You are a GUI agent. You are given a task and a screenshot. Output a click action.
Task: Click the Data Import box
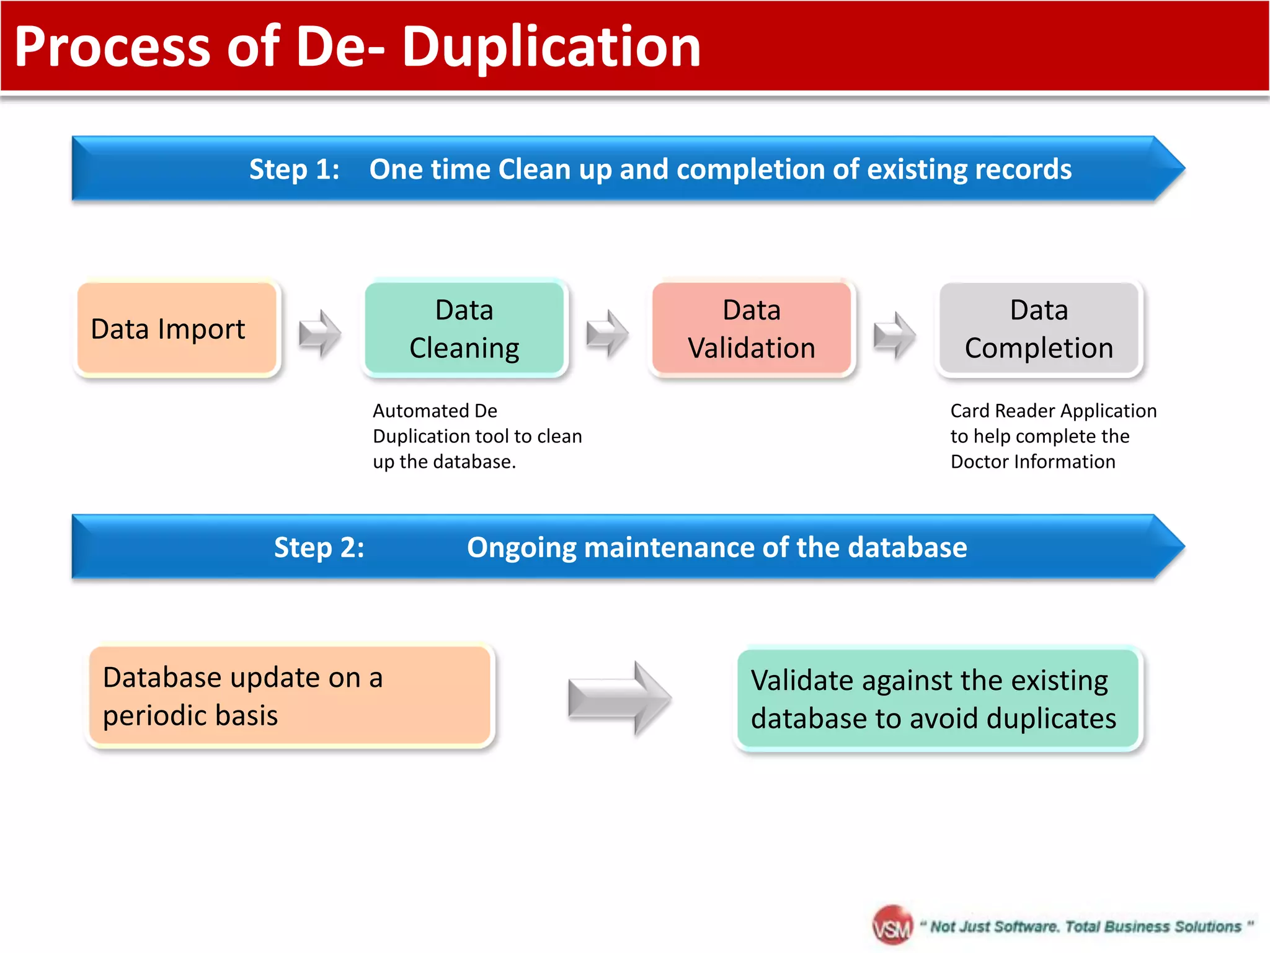(177, 328)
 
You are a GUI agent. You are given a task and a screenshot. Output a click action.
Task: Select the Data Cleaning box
(464, 328)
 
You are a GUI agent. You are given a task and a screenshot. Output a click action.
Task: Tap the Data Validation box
(752, 328)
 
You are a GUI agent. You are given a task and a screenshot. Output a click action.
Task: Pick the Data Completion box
(1039, 328)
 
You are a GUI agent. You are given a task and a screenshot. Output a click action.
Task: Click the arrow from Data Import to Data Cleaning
(320, 334)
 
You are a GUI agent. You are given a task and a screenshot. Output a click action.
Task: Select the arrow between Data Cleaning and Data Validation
(607, 334)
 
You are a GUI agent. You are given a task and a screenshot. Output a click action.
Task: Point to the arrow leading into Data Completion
(894, 335)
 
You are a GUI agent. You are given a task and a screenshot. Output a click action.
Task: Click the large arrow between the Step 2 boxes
(619, 699)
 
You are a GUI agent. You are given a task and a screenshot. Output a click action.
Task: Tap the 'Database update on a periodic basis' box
(290, 696)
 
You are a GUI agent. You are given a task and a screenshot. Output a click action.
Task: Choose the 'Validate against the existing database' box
(938, 699)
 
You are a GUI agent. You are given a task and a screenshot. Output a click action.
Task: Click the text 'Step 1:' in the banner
(295, 169)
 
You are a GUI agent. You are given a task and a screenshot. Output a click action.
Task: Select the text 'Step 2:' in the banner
(319, 547)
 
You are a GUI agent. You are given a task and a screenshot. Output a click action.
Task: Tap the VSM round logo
(892, 926)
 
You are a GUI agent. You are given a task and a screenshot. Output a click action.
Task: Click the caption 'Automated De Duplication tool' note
(477, 436)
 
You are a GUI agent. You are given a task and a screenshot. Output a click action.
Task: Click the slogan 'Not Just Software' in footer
(994, 926)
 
